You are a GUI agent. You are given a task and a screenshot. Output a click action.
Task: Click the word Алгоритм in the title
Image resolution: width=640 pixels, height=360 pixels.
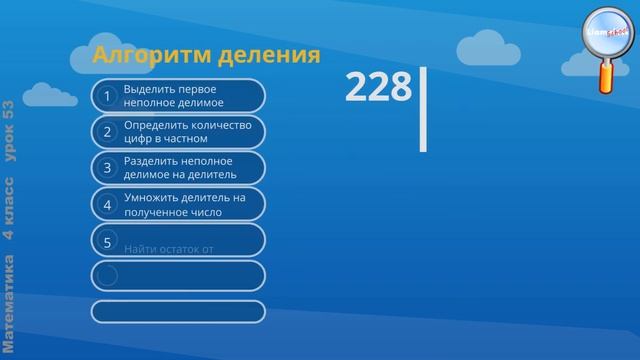pos(149,54)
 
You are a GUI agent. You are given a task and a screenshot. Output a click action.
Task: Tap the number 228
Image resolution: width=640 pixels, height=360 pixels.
pos(378,87)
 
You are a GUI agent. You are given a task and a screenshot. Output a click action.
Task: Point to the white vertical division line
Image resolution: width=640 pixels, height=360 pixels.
pos(423,109)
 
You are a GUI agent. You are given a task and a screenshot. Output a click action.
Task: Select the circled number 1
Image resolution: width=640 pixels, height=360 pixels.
pos(107,96)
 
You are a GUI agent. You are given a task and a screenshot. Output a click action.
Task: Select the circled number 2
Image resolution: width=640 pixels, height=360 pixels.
pos(107,132)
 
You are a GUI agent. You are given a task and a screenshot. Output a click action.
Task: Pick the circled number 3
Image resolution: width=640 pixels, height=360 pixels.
pos(107,168)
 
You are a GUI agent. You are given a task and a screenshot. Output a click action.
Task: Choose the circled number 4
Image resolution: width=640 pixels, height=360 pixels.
pos(107,205)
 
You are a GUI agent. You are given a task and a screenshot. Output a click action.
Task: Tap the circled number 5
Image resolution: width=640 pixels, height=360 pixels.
pos(107,241)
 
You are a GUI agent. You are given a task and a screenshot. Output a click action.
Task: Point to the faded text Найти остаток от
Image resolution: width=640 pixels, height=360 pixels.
pos(170,247)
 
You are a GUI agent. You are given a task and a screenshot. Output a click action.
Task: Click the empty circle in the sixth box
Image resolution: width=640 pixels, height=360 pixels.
pos(107,276)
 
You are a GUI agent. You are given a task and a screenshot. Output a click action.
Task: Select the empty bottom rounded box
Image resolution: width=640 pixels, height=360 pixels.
pos(178,311)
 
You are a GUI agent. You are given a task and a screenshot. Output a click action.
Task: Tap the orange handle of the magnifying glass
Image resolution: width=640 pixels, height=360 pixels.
pos(607,76)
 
